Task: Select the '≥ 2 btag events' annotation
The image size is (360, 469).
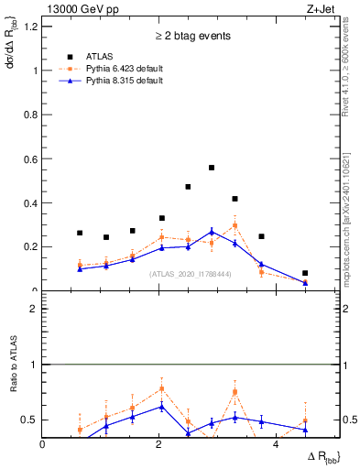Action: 191,36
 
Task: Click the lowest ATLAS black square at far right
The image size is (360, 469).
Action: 305,273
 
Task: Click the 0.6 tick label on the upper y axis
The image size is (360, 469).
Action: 31,158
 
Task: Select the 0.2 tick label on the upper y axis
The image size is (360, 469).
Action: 31,246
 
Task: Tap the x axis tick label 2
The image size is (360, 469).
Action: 160,443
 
